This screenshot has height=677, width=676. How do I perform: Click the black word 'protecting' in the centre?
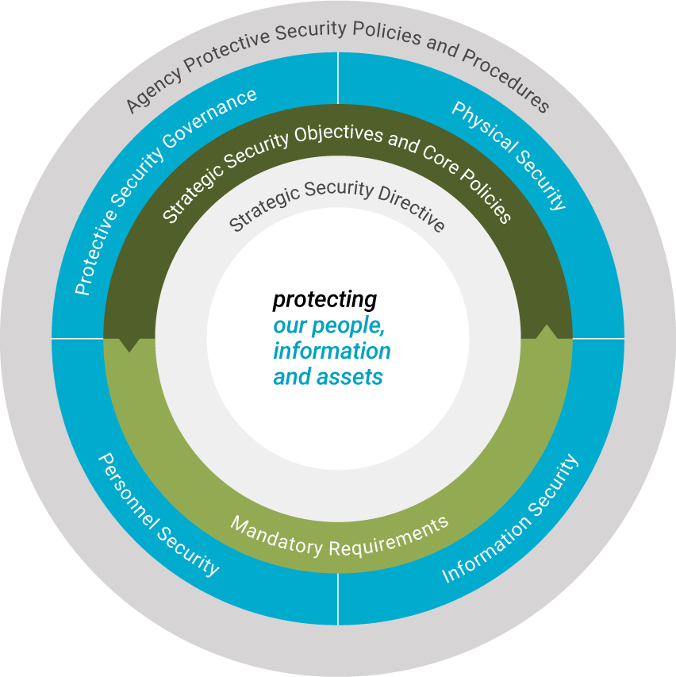(325, 300)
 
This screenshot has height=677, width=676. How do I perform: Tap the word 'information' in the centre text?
(332, 351)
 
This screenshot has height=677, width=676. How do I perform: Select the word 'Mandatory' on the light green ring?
(277, 536)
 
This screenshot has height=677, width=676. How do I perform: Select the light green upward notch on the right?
(546, 331)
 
